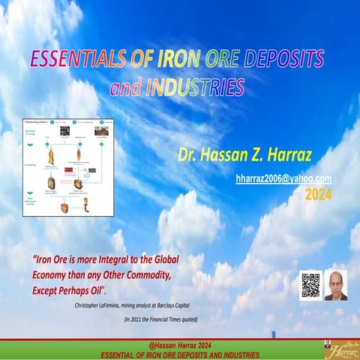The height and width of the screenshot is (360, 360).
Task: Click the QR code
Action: click(x=310, y=285)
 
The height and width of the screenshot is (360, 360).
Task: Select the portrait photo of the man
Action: click(x=335, y=285)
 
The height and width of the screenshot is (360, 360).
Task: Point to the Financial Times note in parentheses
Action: click(x=169, y=319)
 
